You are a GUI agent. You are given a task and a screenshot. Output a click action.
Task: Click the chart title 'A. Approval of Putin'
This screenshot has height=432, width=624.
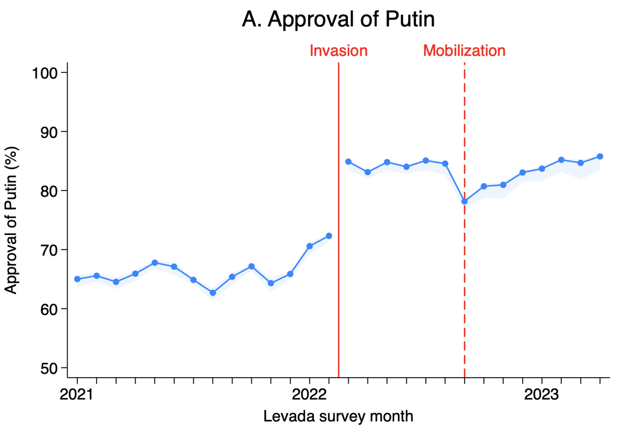pos(338,19)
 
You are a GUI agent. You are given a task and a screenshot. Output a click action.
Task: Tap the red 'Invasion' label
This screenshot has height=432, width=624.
pos(338,51)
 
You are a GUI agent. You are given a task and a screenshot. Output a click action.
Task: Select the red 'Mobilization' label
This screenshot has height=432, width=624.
pos(464,51)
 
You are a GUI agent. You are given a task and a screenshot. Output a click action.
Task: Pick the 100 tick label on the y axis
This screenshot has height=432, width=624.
pos(44,73)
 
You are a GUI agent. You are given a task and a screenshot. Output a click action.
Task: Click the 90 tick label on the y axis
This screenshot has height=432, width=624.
pos(49,132)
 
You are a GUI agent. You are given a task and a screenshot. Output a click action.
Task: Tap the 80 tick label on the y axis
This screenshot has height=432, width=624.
pos(49,191)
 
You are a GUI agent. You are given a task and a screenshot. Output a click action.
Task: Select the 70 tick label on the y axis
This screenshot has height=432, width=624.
pos(49,250)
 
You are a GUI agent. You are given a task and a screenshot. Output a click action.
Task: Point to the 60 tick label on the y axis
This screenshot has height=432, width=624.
pos(49,309)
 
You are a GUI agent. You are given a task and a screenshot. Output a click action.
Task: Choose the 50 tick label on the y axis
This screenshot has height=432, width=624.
pos(49,368)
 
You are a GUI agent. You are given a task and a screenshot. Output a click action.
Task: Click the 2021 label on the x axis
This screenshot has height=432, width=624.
pos(77,394)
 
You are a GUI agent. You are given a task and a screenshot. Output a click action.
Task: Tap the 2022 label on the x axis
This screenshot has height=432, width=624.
pos(309,394)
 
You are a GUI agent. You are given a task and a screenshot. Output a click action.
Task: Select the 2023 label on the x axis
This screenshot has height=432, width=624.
pos(542,394)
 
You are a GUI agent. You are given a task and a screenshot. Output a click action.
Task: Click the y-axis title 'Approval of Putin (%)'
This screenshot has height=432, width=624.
pos(11,220)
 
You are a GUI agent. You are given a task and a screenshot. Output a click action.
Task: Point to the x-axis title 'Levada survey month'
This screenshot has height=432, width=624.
pos(338,417)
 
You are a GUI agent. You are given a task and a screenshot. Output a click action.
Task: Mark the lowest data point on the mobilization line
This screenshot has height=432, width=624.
pos(464,201)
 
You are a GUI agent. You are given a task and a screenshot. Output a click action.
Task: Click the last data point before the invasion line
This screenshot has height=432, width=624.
pos(329,236)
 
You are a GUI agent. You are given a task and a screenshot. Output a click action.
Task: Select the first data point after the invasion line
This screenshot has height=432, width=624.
pos(348,161)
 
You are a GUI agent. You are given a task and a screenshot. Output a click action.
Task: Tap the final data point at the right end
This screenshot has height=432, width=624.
pos(600,156)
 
